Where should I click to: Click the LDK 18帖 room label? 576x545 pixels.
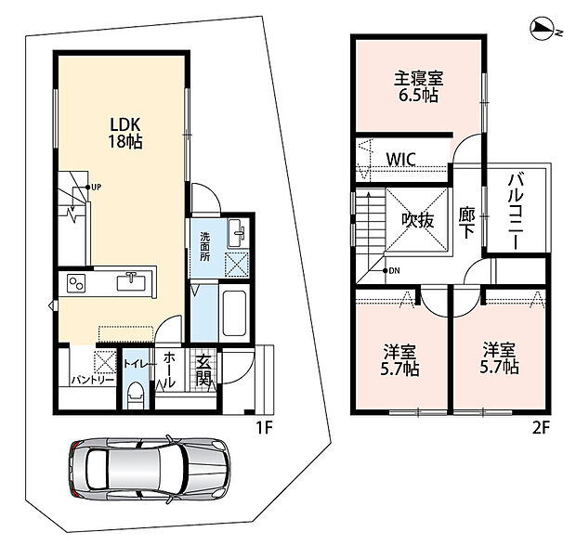[x=125, y=133]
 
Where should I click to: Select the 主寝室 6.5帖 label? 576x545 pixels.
[x=418, y=86]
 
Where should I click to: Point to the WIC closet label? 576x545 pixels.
[x=401, y=160]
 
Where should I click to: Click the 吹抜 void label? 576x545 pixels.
[x=418, y=220]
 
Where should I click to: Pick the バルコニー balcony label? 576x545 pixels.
[x=517, y=212]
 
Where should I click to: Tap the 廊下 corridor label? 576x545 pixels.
[x=467, y=223]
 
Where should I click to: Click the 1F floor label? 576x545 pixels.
[x=264, y=428]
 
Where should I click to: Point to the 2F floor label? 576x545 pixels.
[x=541, y=428]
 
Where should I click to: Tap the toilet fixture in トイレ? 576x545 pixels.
[x=136, y=395]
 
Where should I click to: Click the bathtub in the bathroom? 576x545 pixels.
[x=234, y=313]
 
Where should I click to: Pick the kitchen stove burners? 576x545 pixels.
[x=76, y=283]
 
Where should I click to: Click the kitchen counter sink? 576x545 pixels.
[x=131, y=281]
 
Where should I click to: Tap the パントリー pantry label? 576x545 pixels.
[x=93, y=380]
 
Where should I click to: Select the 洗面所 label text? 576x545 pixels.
[x=205, y=247]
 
